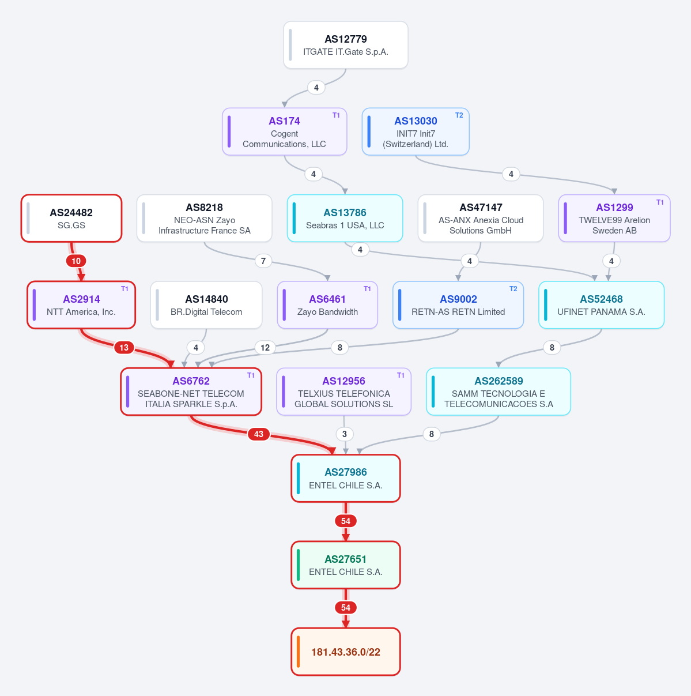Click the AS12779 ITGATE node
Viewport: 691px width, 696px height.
click(346, 45)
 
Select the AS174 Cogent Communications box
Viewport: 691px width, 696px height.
click(285, 131)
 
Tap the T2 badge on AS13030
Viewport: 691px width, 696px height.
click(459, 115)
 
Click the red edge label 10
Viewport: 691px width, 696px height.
click(76, 261)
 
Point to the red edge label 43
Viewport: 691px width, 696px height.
click(259, 434)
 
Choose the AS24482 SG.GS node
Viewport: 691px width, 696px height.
click(71, 218)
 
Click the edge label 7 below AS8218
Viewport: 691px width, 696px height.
click(263, 261)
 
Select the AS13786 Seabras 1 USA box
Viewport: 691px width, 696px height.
click(345, 218)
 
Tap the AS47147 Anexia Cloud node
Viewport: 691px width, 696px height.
click(481, 218)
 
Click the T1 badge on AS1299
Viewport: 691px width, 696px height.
click(659, 202)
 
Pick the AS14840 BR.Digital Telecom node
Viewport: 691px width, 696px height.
click(206, 305)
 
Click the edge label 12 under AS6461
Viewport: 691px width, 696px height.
click(265, 348)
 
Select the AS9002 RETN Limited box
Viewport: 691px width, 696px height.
click(458, 305)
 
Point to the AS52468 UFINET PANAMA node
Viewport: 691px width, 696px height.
click(601, 305)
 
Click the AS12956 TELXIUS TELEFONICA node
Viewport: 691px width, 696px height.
click(343, 392)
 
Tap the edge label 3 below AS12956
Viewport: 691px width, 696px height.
click(345, 434)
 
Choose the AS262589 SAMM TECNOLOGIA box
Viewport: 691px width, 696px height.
click(498, 392)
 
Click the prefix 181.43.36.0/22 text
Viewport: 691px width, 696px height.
click(346, 652)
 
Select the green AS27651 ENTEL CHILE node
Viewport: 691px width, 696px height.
click(346, 565)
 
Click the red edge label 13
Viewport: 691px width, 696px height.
click(124, 348)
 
